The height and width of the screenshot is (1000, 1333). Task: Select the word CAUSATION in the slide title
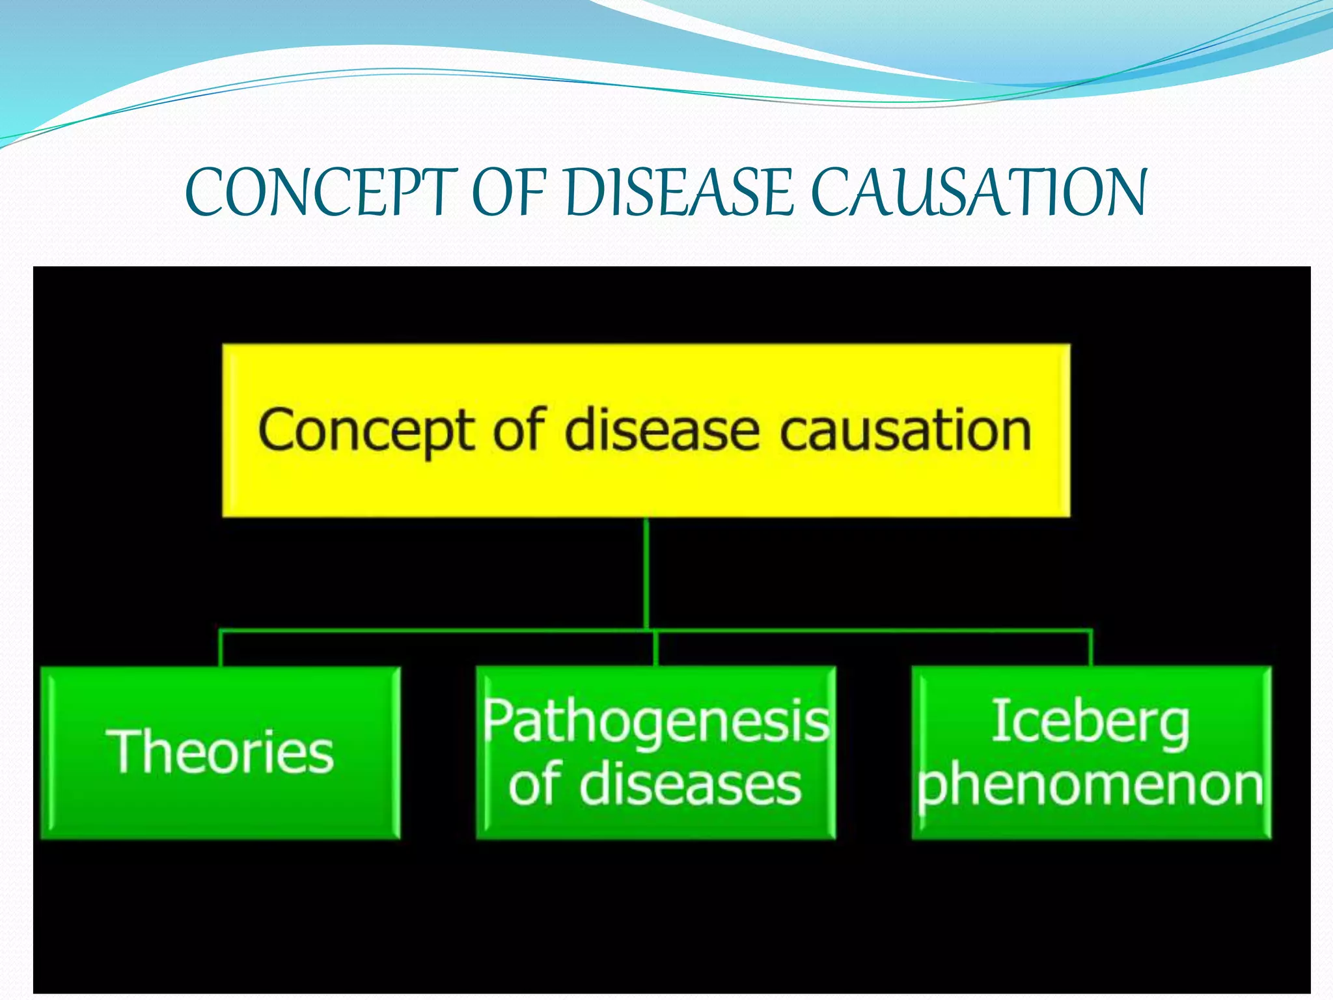(x=979, y=193)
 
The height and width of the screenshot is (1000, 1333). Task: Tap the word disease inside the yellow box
(x=661, y=431)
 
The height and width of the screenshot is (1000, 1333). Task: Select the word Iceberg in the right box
(x=1090, y=723)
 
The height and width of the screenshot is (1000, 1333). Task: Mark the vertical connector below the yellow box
(x=646, y=573)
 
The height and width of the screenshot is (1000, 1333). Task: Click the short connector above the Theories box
(x=221, y=648)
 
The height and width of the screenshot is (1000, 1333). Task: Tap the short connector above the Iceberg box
(x=1091, y=648)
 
